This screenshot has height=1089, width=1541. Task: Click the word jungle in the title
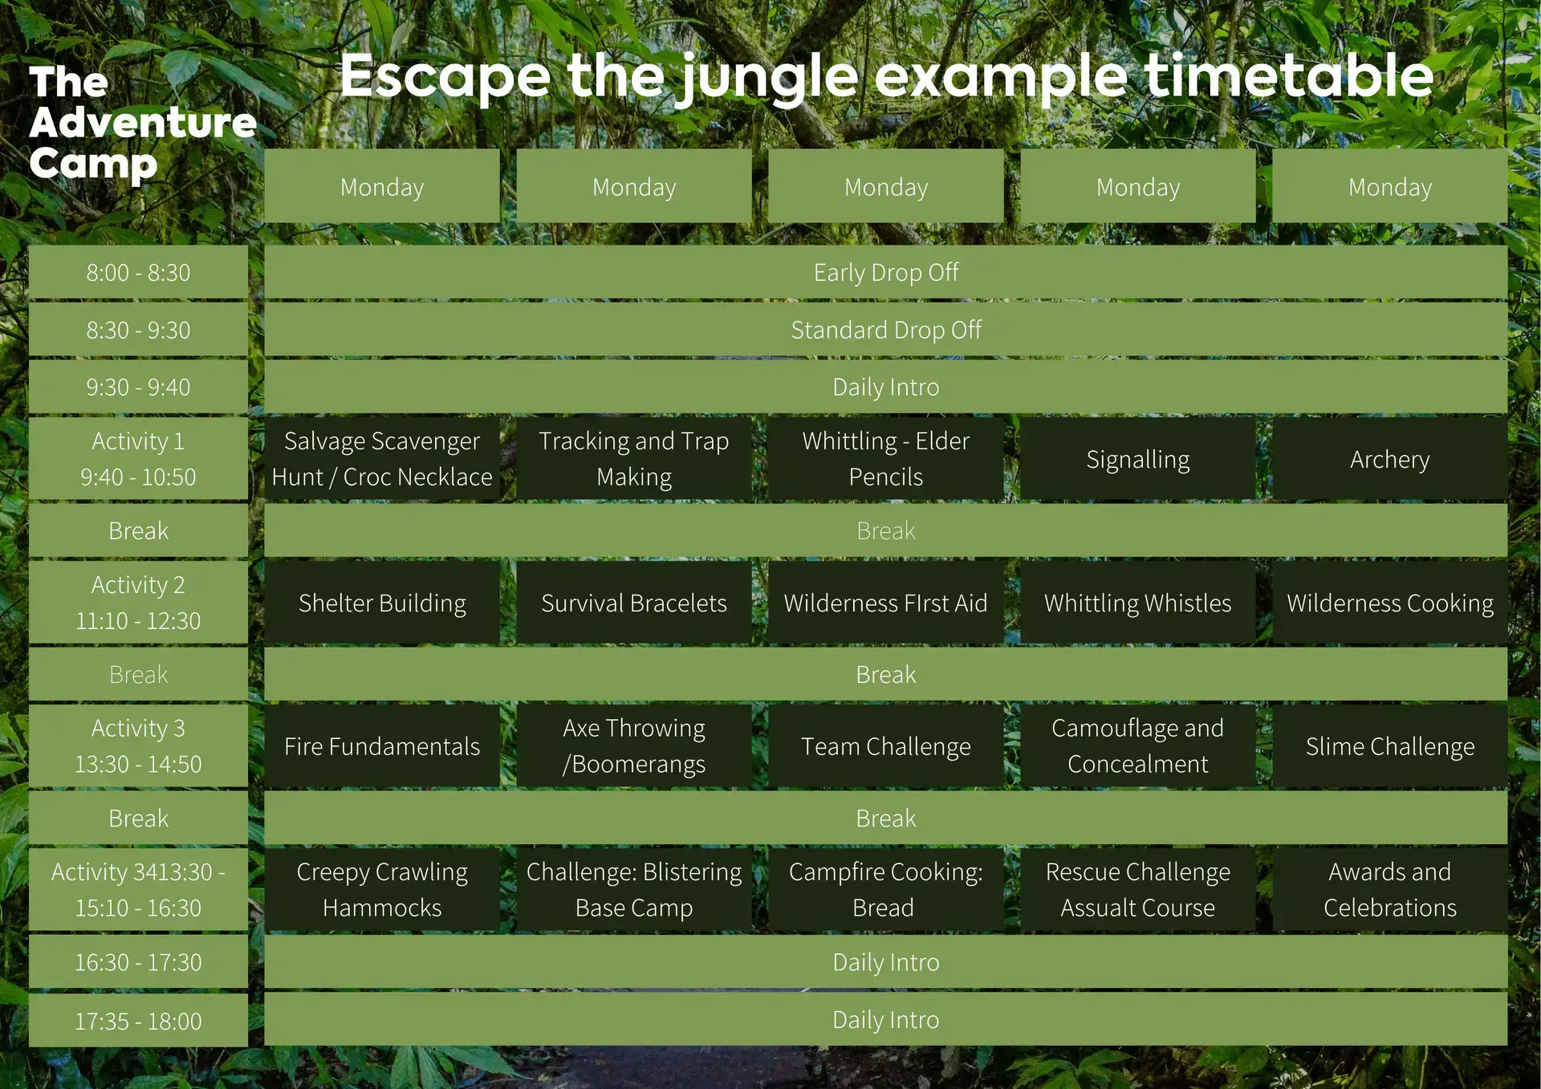click(x=766, y=78)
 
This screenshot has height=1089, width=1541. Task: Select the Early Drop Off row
click(x=885, y=272)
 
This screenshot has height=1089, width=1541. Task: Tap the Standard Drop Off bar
click(x=885, y=329)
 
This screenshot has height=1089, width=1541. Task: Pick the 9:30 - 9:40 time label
click(x=138, y=387)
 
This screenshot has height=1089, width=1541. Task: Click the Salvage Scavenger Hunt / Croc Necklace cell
click(x=382, y=459)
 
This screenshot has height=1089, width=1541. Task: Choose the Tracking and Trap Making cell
click(x=634, y=459)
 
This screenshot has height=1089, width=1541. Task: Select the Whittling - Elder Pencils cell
click(x=886, y=459)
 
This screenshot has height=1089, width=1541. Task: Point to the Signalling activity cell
click(x=1138, y=459)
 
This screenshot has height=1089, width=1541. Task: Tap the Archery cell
click(x=1390, y=459)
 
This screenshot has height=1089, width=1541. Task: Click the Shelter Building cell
click(x=382, y=603)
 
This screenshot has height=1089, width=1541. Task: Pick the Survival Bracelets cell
click(x=634, y=603)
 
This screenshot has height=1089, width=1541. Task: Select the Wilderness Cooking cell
click(x=1390, y=603)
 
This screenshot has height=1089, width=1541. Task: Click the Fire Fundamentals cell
click(x=382, y=746)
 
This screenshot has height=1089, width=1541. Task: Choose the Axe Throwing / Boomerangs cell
click(x=634, y=746)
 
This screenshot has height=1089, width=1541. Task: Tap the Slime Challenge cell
click(x=1390, y=746)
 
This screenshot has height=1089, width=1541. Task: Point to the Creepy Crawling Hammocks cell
click(x=382, y=889)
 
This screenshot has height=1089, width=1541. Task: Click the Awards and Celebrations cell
click(x=1390, y=889)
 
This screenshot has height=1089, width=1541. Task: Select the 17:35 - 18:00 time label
click(x=138, y=1021)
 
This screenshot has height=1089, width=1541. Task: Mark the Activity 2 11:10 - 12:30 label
click(x=138, y=603)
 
